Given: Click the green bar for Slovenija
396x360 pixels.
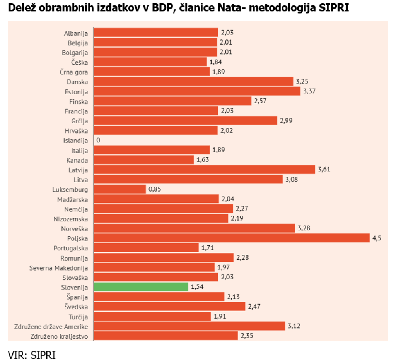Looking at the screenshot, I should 141,287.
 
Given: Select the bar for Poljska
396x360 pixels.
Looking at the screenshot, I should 231,238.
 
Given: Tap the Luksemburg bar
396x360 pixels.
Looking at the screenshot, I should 119,189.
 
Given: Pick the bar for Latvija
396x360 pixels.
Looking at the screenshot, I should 204,169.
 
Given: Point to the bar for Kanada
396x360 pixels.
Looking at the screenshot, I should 143,159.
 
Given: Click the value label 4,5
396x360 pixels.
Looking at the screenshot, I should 377,238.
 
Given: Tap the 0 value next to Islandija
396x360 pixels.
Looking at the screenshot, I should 98,140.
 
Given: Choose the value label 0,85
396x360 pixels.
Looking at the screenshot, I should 154,189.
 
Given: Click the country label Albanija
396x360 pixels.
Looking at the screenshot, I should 76,33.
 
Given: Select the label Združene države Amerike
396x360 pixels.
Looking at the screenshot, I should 51,326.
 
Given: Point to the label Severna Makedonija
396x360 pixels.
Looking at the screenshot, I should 59,267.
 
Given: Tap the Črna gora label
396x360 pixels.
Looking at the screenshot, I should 74,72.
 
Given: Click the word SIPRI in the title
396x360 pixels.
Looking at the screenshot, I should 334,8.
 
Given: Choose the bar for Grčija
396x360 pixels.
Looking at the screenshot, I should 185,120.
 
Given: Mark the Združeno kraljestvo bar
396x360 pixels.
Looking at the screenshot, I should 166,336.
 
